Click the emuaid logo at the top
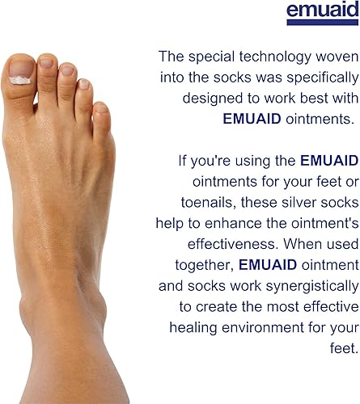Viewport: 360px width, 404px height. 322,10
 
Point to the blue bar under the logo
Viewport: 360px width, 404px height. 322,23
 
